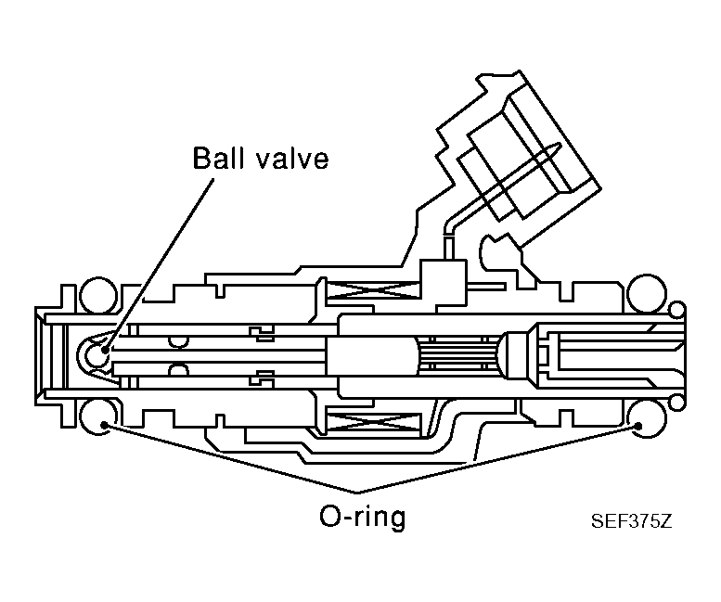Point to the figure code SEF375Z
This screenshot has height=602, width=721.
pyautogui.click(x=630, y=520)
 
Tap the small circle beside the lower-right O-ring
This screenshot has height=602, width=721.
pyautogui.click(x=676, y=400)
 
